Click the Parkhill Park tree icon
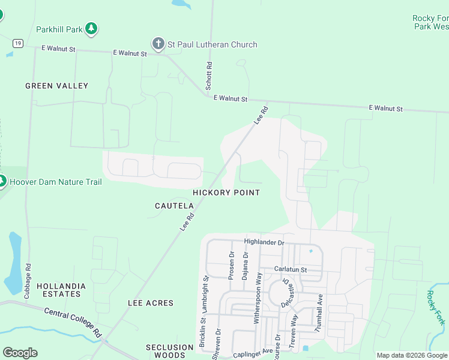91,28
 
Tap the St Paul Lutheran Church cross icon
158,44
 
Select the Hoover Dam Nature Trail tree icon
2,181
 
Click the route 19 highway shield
19,43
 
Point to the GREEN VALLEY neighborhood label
56,86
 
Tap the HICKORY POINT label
226,193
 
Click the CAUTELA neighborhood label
174,206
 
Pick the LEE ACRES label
151,304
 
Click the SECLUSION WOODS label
170,351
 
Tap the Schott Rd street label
209,76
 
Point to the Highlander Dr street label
264,242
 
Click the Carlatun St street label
291,270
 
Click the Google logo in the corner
20,353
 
